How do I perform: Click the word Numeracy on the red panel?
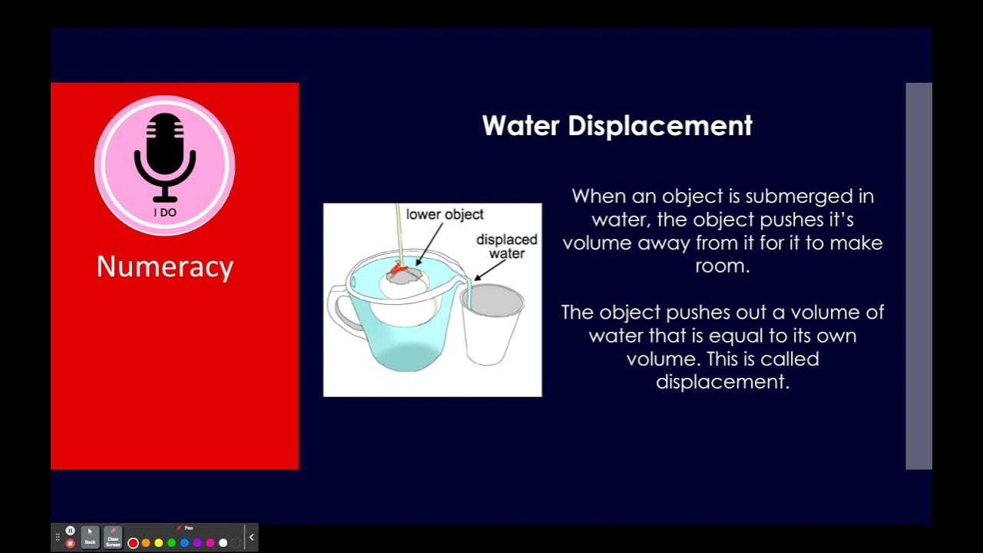pos(164,267)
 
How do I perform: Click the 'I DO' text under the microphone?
pos(164,212)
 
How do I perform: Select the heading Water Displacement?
pos(617,125)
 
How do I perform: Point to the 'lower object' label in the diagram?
pos(445,214)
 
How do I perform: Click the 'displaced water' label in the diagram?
pos(506,246)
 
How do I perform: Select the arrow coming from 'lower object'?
pos(427,243)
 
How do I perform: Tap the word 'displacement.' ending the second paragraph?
pos(722,382)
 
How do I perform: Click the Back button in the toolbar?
pos(90,537)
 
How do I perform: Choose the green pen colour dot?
pos(171,543)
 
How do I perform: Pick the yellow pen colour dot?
pos(159,543)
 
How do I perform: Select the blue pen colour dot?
pos(184,543)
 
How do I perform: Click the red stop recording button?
pos(70,543)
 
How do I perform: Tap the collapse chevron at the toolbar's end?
pos(251,537)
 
